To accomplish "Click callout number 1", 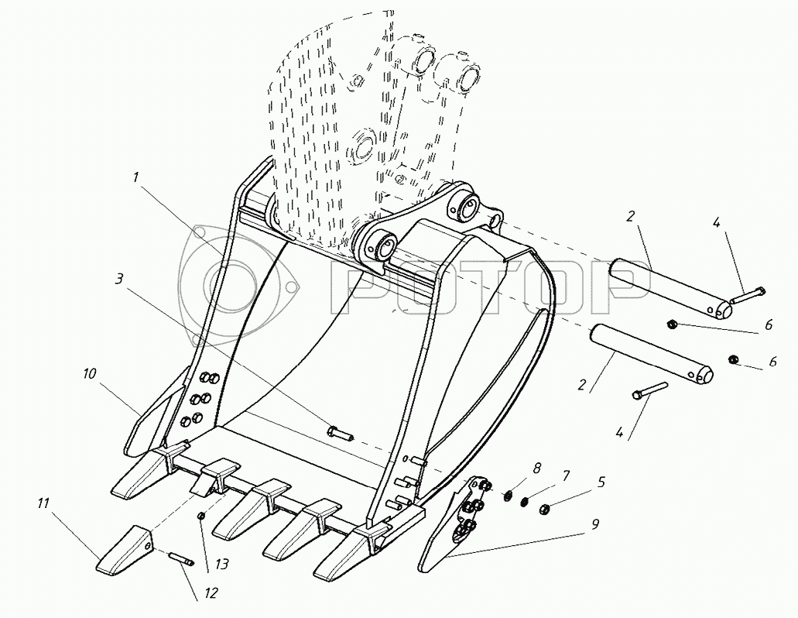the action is pyautogui.click(x=136, y=177).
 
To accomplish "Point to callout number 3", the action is pyautogui.click(x=119, y=280).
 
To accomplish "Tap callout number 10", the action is pyautogui.click(x=88, y=374).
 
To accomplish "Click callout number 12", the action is pyautogui.click(x=211, y=593).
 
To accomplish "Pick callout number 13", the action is pyautogui.click(x=222, y=564).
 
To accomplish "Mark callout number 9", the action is pyautogui.click(x=595, y=524).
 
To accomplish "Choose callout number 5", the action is pyautogui.click(x=601, y=482).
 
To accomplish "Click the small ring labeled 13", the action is pyautogui.click(x=201, y=517).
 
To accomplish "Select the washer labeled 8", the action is pyautogui.click(x=508, y=494).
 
